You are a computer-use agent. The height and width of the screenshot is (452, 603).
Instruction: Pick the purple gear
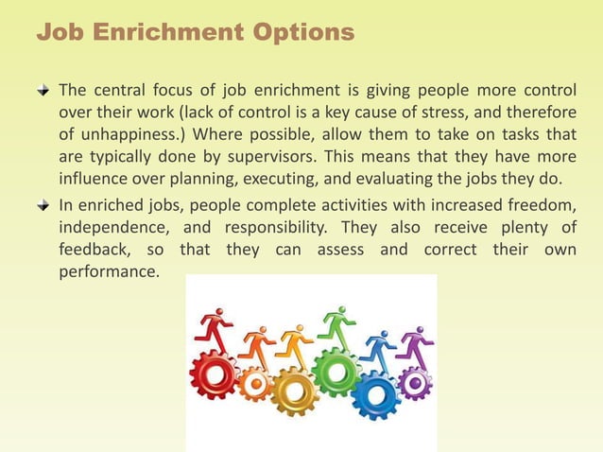pos(413,383)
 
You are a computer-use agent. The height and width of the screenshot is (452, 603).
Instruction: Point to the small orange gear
pos(254,383)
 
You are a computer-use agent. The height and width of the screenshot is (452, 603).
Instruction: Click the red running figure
pos(215,331)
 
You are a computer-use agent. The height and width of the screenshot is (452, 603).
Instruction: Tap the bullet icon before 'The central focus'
pos(43,90)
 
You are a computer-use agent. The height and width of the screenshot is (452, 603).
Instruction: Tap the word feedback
pos(92,249)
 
